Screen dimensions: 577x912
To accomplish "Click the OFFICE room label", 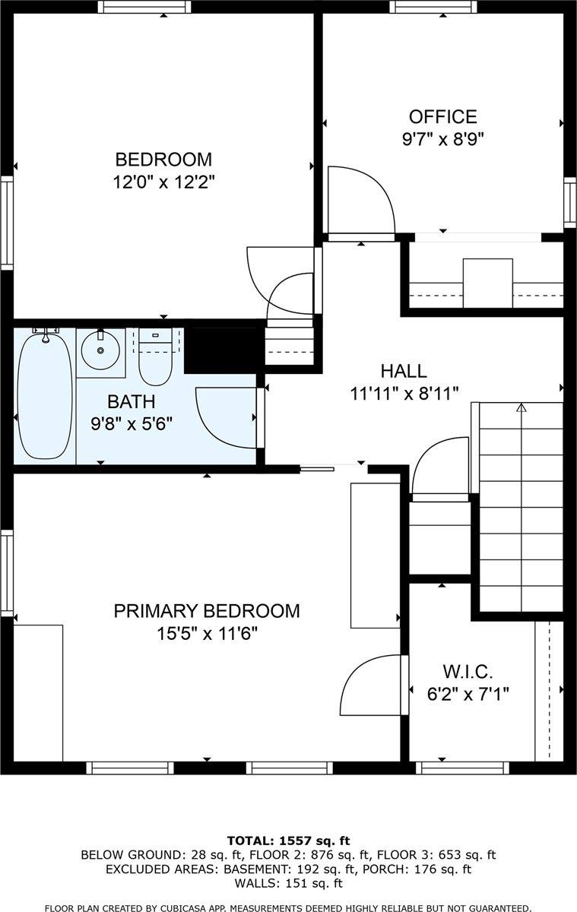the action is [x=442, y=117].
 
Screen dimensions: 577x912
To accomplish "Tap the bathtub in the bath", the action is [x=45, y=395].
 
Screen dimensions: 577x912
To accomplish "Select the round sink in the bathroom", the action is [x=100, y=350].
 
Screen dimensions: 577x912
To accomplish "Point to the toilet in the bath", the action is [x=155, y=357].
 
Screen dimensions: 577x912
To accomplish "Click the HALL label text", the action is [x=404, y=371].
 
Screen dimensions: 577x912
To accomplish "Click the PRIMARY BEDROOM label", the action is [x=207, y=611].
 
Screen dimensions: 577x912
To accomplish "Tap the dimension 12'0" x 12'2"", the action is [x=163, y=182].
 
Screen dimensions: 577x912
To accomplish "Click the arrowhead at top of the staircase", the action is [x=522, y=407].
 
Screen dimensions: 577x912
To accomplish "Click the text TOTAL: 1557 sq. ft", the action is [x=288, y=841].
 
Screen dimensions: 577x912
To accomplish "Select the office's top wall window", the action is [x=433, y=7].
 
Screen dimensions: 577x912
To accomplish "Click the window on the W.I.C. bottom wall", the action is [x=462, y=768].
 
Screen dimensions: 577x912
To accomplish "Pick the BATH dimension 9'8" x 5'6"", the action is [x=132, y=425].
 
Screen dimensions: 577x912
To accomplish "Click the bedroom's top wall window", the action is [x=144, y=7].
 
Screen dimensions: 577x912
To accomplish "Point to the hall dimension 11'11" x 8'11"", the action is [x=404, y=394].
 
